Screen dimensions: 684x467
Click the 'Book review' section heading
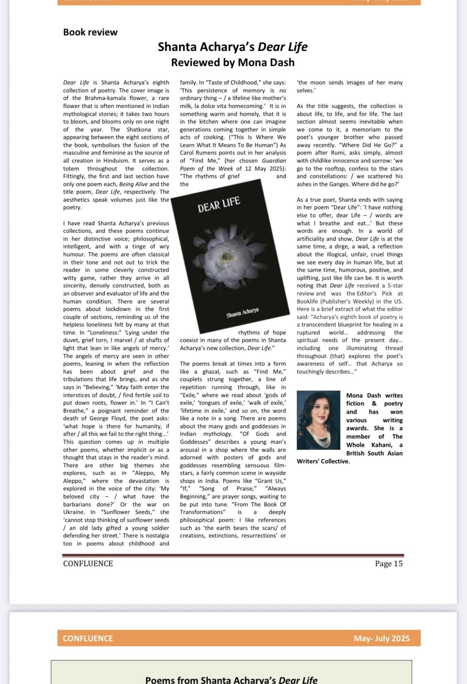point(90,32)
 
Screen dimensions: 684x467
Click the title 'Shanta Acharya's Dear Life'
point(233,47)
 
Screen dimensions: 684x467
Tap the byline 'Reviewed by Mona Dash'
point(233,63)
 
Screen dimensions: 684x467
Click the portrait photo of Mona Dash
point(318,420)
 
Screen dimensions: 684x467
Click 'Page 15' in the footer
point(388,564)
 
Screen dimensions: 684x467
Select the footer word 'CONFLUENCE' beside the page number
point(88,564)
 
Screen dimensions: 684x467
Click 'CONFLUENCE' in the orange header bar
point(88,638)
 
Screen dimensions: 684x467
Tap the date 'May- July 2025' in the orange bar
point(381,638)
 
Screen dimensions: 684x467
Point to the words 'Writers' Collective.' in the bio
point(323,461)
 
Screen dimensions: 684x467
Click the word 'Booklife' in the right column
point(308,302)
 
